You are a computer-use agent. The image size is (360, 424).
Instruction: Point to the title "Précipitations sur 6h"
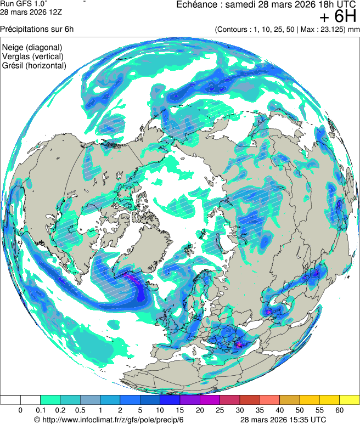[37, 29]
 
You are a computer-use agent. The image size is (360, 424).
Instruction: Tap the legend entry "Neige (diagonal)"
[32, 47]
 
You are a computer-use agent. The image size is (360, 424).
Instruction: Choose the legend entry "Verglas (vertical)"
[32, 56]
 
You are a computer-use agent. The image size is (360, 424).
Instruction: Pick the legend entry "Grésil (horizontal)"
[35, 65]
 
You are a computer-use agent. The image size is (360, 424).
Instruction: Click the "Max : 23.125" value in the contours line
[320, 29]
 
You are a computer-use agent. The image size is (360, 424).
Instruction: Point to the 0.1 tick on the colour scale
[40, 410]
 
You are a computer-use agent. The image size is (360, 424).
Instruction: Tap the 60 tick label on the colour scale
[339, 410]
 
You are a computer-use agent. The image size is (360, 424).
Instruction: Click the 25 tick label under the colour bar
[220, 410]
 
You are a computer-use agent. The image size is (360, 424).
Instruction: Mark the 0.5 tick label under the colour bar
[80, 410]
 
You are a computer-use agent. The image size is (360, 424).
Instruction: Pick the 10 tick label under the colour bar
[160, 410]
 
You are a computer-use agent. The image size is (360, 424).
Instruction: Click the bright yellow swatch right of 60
[349, 400]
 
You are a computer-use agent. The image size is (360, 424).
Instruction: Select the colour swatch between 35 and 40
[269, 400]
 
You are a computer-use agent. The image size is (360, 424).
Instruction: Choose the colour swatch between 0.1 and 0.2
[50, 400]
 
